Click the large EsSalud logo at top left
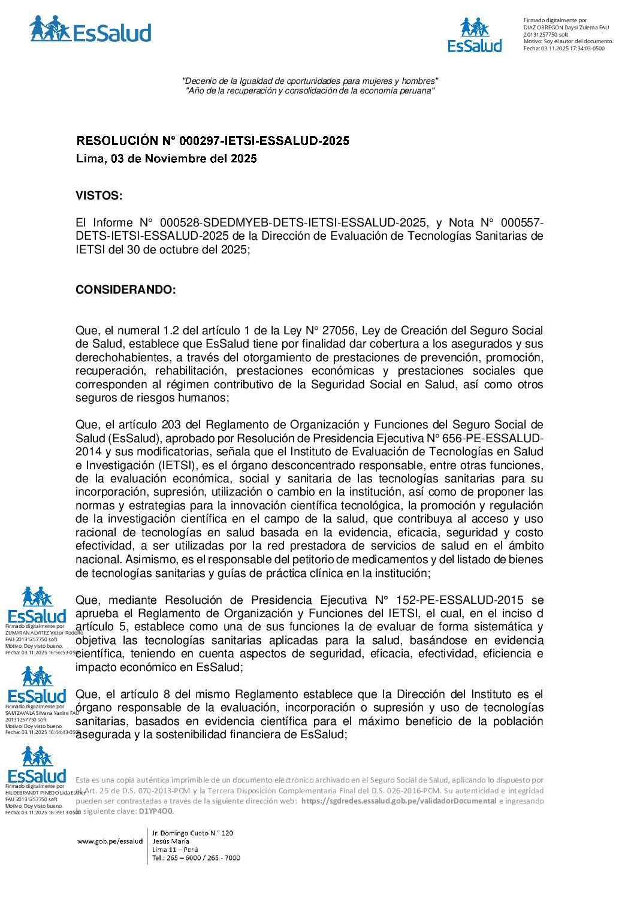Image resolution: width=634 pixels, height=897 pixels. [90, 30]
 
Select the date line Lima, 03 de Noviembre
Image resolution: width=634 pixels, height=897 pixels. [166, 159]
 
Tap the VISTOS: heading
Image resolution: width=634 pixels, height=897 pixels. [99, 196]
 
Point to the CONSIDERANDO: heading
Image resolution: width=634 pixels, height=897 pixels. [125, 290]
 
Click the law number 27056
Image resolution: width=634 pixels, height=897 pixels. [339, 331]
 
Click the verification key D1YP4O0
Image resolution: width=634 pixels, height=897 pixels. [156, 811]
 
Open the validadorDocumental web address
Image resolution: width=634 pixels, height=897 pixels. [398, 801]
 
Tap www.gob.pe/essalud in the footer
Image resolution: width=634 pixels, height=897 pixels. [110, 841]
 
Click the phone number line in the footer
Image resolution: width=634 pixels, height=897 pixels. [196, 858]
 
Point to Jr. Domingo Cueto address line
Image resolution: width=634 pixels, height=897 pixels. [192, 833]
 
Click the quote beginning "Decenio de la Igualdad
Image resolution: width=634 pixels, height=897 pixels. [310, 81]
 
